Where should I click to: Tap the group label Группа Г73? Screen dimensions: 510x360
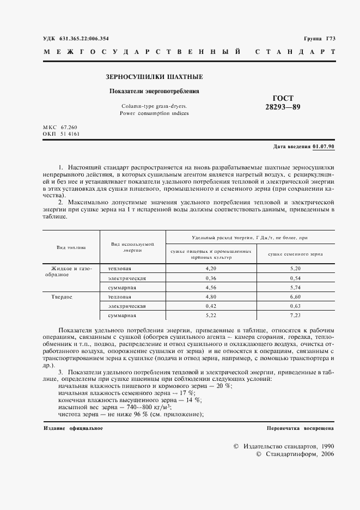tap(320, 38)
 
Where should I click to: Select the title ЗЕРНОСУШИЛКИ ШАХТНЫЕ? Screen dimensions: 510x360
tap(154, 77)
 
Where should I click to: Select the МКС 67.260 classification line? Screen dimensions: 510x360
tap(60, 127)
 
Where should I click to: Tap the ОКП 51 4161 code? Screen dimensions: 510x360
tap(60, 133)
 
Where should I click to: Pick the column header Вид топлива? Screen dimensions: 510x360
tap(71, 247)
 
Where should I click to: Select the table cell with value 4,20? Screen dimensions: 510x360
tap(211, 269)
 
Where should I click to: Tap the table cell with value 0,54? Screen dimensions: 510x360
tap(296, 278)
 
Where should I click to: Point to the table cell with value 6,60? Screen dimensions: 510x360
tap(296, 297)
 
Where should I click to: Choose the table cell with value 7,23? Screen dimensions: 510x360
tap(296, 315)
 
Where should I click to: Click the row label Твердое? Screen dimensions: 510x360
tap(62, 297)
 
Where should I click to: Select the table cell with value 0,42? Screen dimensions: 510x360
tap(211, 306)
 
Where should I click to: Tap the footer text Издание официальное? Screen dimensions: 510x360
tap(73, 428)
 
